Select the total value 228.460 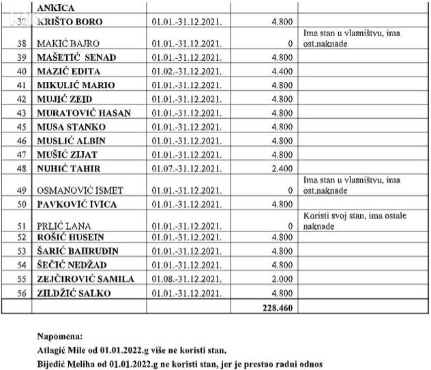(277, 309)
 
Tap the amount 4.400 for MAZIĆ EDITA (282, 71)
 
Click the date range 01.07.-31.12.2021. (186, 168)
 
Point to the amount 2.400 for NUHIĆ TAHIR (282, 168)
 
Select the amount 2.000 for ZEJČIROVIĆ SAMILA (282, 279)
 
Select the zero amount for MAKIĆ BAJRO (290, 44)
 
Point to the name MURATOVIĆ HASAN (81, 113)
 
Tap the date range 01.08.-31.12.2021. (186, 279)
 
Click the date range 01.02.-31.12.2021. (186, 71)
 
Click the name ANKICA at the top (59, 7)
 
